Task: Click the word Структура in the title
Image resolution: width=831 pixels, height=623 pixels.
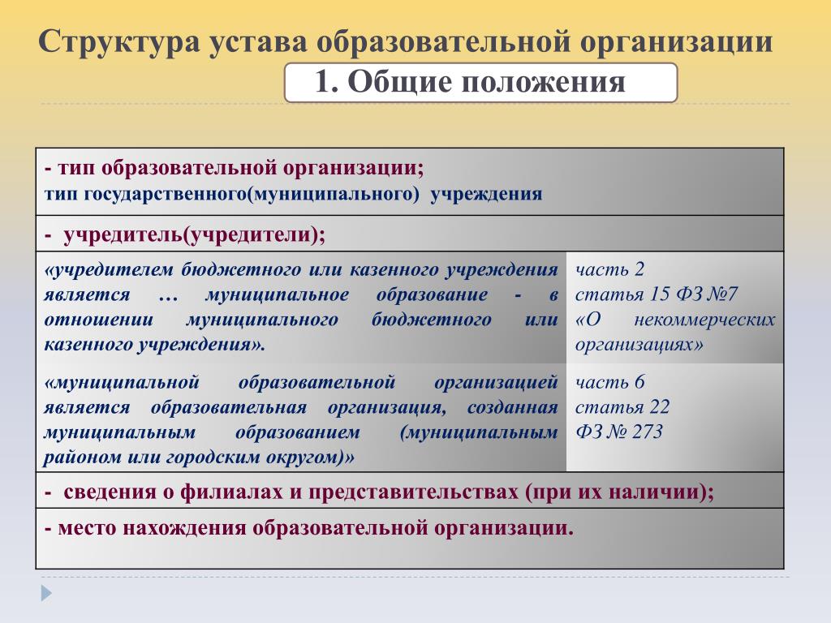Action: coord(119,43)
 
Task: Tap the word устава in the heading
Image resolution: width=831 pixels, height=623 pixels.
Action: coord(257,43)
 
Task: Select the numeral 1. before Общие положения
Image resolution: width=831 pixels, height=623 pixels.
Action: coord(326,82)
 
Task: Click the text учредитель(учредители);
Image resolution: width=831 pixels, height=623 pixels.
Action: coord(195,234)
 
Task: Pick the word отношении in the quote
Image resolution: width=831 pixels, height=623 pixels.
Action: coord(98,320)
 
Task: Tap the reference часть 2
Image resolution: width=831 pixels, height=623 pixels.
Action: coord(609,269)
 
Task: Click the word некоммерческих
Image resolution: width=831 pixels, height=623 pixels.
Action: coord(704,320)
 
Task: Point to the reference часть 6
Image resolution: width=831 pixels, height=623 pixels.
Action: coord(609,382)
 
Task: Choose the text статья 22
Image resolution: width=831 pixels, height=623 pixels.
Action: coord(622,407)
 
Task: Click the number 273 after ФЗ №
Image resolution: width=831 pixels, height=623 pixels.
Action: coord(647,432)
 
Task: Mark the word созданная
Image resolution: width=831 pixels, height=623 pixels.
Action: coord(512,408)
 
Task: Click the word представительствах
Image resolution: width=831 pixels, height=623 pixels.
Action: coord(413,492)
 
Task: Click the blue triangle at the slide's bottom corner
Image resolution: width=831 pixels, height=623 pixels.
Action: coord(46,592)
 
